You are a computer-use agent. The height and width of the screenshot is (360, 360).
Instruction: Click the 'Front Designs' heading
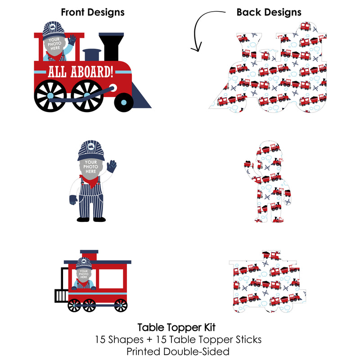coord(92,12)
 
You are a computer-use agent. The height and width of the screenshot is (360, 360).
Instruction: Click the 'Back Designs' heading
coord(269,12)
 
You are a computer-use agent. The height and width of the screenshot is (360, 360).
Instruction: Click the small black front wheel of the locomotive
coord(124,102)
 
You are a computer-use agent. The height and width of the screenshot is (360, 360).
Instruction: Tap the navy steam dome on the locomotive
coord(92,54)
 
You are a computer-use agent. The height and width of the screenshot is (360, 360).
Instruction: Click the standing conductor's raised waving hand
coord(111,166)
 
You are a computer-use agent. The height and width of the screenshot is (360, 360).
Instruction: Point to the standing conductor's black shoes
coord(91,219)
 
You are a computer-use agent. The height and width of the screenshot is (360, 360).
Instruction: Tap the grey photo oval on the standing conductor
coord(91,167)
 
